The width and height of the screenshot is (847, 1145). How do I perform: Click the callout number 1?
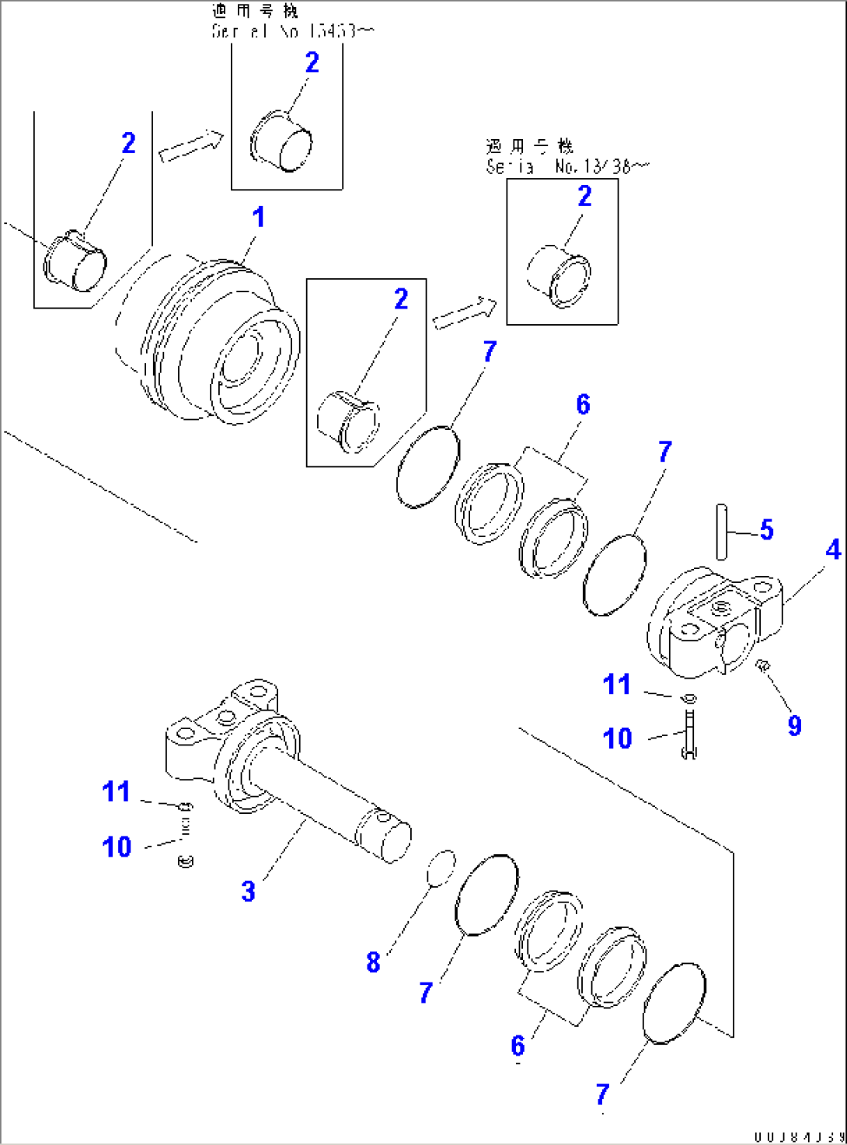[259, 218]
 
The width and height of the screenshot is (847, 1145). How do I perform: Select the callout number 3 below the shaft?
[248, 891]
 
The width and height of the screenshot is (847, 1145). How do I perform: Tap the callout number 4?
[833, 550]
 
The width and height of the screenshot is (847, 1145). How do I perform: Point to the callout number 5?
[766, 530]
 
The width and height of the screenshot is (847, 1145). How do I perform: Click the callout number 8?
[373, 962]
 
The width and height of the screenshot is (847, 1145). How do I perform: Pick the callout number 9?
[794, 725]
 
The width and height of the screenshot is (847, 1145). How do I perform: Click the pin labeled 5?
[722, 531]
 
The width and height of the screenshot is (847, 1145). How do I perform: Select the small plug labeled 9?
[762, 665]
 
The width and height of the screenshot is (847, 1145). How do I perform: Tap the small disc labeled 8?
[441, 867]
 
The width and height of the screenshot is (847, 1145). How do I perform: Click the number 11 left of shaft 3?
[117, 791]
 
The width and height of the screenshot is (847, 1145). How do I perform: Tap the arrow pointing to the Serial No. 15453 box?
[190, 145]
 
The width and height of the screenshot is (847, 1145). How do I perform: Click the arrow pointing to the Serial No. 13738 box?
[465, 312]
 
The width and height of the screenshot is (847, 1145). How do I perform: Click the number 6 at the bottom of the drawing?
[518, 1046]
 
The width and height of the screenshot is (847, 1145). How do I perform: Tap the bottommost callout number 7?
[602, 1094]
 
